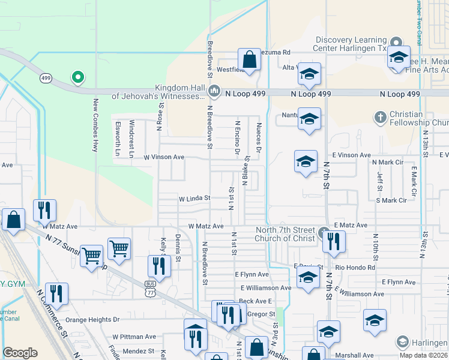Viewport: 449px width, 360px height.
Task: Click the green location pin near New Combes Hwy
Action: coord(77,77)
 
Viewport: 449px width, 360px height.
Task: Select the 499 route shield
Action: coord(46,78)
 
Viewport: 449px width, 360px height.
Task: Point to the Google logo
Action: coord(20,353)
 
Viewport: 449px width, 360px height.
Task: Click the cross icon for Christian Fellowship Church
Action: coord(379,117)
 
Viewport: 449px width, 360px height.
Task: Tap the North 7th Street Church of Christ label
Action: coord(285,235)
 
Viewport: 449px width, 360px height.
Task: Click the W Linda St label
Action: coord(194,198)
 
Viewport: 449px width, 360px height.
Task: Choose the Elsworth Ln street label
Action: coord(117,140)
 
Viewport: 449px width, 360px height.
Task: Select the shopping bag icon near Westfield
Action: coord(249,60)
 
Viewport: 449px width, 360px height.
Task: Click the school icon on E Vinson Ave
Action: coord(306,161)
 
